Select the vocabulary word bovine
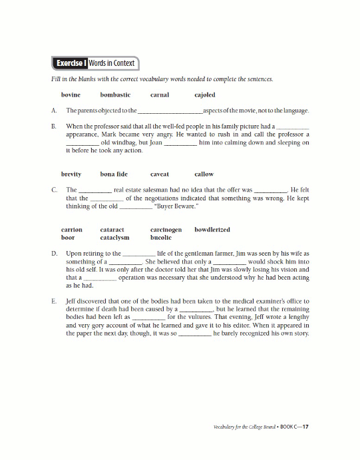click(x=71, y=95)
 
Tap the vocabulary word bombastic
click(x=115, y=95)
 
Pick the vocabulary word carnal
click(x=160, y=95)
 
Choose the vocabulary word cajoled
click(x=205, y=95)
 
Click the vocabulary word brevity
click(x=71, y=174)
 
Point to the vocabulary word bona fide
click(x=114, y=174)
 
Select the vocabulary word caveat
click(x=160, y=174)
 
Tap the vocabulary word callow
click(x=204, y=174)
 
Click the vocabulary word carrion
click(x=72, y=230)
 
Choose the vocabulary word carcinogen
click(x=166, y=230)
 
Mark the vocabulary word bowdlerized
click(x=212, y=230)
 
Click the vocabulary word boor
click(x=68, y=237)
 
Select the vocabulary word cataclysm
click(x=114, y=237)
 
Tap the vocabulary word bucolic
click(x=161, y=237)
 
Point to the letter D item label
click(x=54, y=254)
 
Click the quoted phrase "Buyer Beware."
click(x=177, y=206)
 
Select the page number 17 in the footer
click(x=305, y=427)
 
